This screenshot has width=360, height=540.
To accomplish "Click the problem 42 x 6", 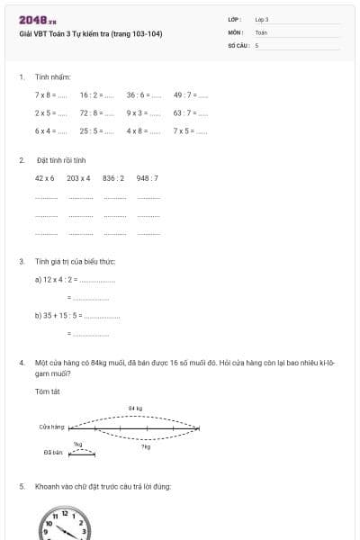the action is pyautogui.click(x=45, y=178).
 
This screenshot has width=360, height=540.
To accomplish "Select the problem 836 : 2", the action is pyautogui.click(x=114, y=178).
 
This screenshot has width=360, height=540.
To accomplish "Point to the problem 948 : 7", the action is pyautogui.click(x=148, y=178).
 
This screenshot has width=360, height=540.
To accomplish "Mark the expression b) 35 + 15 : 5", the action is pyautogui.click(x=59, y=316).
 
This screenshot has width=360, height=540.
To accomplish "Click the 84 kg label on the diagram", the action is pyautogui.click(x=135, y=408).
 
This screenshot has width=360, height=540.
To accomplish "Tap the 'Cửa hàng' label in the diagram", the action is pyautogui.click(x=51, y=427).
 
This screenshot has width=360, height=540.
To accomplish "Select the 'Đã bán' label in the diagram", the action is pyautogui.click(x=52, y=453).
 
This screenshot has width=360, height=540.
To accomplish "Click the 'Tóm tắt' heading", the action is pyautogui.click(x=47, y=391).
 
